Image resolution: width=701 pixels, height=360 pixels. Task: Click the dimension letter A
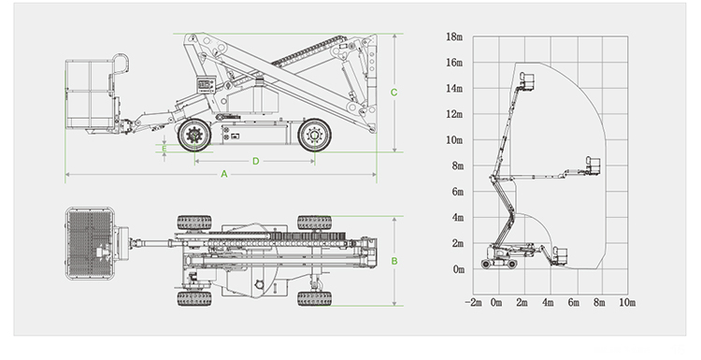(x=224, y=174)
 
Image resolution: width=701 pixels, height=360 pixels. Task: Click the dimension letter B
(x=395, y=262)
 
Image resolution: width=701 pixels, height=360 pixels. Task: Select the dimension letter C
(x=395, y=93)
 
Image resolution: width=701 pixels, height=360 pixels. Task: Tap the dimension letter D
(x=255, y=161)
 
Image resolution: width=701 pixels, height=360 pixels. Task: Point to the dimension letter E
(x=164, y=149)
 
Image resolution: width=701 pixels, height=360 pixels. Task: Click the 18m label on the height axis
(x=454, y=36)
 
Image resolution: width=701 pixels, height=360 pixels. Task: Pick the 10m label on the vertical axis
(x=454, y=140)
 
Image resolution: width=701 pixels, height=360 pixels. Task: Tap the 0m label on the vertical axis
(x=457, y=269)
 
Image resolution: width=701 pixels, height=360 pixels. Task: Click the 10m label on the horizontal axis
(x=627, y=303)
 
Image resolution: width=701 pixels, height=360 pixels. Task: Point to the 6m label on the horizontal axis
(x=575, y=303)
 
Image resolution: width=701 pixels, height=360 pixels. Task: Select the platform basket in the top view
(x=92, y=242)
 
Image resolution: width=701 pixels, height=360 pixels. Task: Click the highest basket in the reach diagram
(x=527, y=79)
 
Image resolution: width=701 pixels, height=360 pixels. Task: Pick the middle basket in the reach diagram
(x=593, y=166)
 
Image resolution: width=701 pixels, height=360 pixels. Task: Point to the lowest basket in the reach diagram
(x=561, y=253)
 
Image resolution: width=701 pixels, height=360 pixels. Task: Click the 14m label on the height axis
(x=454, y=89)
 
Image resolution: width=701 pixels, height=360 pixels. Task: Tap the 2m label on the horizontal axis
(x=522, y=303)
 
